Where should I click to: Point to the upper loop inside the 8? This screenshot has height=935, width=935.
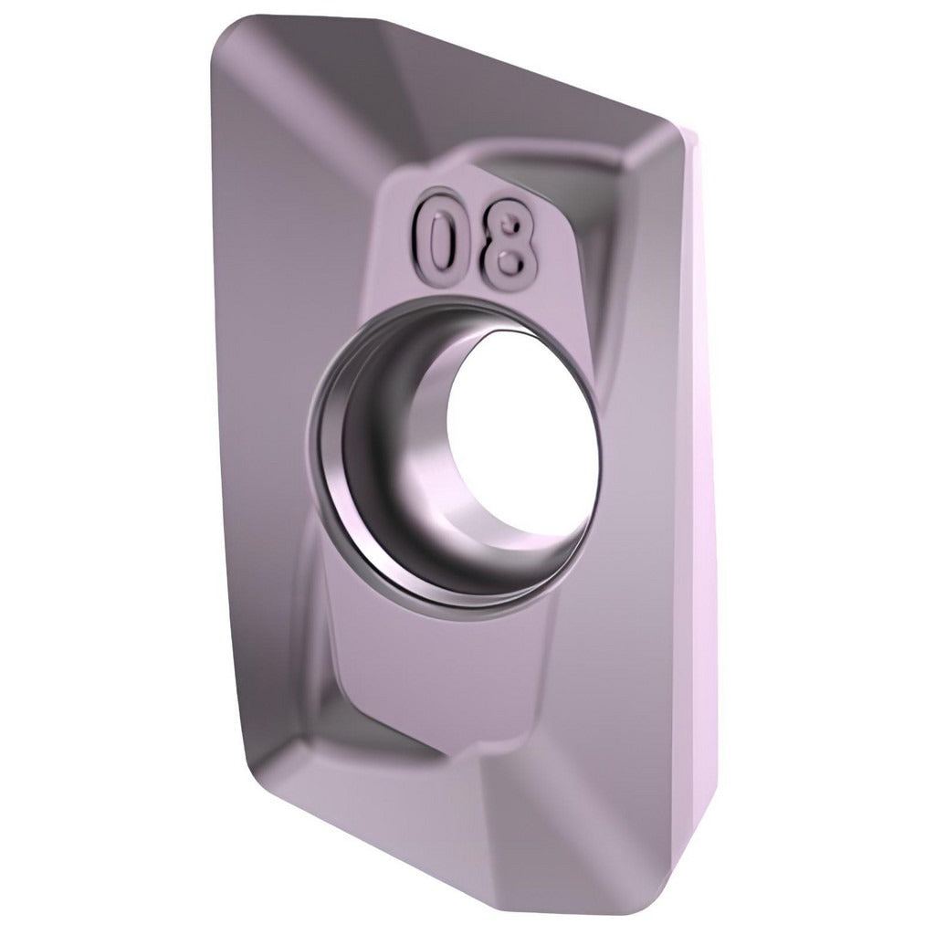click(x=509, y=224)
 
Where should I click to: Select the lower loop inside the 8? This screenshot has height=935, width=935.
click(x=510, y=261)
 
